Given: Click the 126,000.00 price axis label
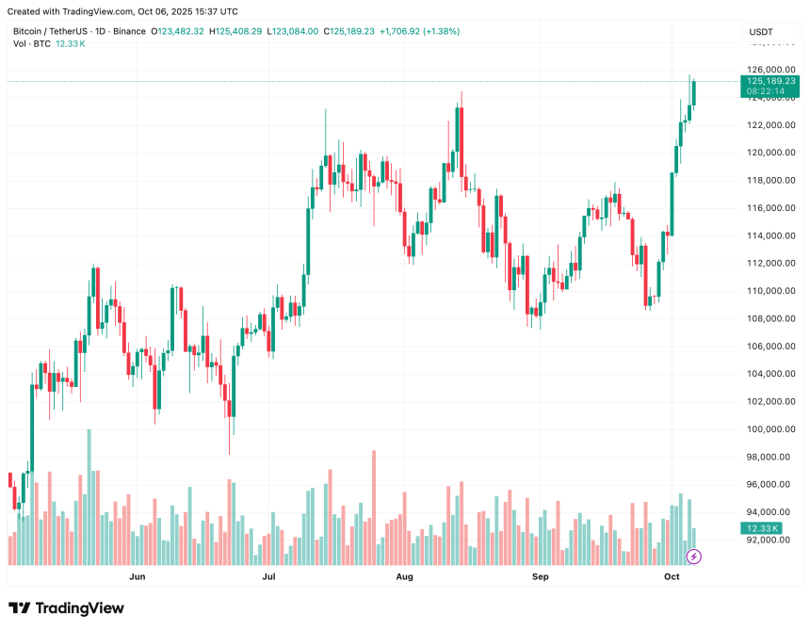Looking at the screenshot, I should point(769,70).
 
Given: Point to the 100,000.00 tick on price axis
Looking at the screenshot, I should point(769,429).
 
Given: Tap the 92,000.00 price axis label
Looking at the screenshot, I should point(769,541).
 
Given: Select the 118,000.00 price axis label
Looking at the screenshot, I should point(769,181).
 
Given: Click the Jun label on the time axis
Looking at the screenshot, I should point(138,575).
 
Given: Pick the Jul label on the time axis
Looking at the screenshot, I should point(269,575).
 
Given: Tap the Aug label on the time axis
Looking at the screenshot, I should point(405,575).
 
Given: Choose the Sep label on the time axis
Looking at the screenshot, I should point(541,575).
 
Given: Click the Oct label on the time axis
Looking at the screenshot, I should point(672,575).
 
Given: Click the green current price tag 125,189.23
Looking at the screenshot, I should point(770,82).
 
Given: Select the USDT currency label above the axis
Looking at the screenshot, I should point(761,32).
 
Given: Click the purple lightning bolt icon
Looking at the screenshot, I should point(694,557).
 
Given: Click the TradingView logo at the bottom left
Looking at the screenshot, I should point(66,608).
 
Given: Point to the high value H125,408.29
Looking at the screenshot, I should point(237,31).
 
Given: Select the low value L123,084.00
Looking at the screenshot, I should point(294,31).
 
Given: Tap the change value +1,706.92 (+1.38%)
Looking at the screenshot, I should point(418,31).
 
